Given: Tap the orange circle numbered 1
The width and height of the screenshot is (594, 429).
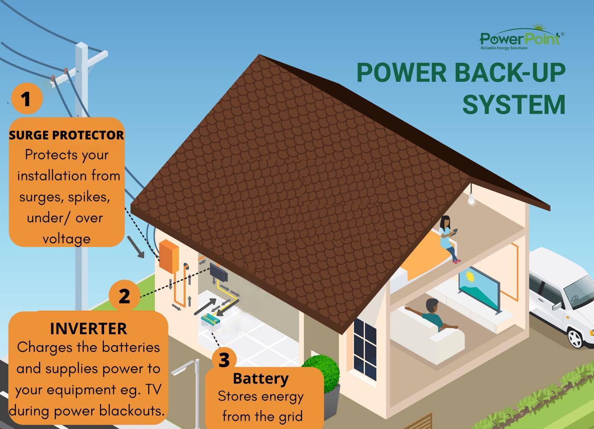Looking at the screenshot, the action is (x=27, y=99).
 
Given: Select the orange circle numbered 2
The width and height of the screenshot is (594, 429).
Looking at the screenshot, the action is (x=125, y=296).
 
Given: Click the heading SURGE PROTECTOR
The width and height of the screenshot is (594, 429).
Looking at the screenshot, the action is (x=66, y=135).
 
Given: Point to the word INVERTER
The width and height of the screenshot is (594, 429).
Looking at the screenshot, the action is (x=89, y=329).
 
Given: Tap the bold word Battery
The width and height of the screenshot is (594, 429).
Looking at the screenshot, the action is (x=261, y=379).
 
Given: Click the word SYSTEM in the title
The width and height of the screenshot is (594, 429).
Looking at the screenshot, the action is (x=514, y=104).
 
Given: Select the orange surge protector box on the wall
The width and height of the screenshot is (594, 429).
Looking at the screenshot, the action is (x=169, y=256).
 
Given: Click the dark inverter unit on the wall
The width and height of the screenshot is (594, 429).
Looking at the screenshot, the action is (x=219, y=272).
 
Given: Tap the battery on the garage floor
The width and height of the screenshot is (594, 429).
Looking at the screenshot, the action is (x=210, y=322).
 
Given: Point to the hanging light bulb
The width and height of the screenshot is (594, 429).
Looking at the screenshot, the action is (x=471, y=199).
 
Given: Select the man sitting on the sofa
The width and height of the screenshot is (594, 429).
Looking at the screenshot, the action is (x=432, y=315).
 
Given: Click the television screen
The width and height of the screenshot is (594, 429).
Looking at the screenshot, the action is (x=479, y=288).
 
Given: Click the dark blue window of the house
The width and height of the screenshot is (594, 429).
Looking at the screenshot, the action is (x=365, y=349).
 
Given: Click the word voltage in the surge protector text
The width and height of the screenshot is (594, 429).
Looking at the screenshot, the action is (x=66, y=239).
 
